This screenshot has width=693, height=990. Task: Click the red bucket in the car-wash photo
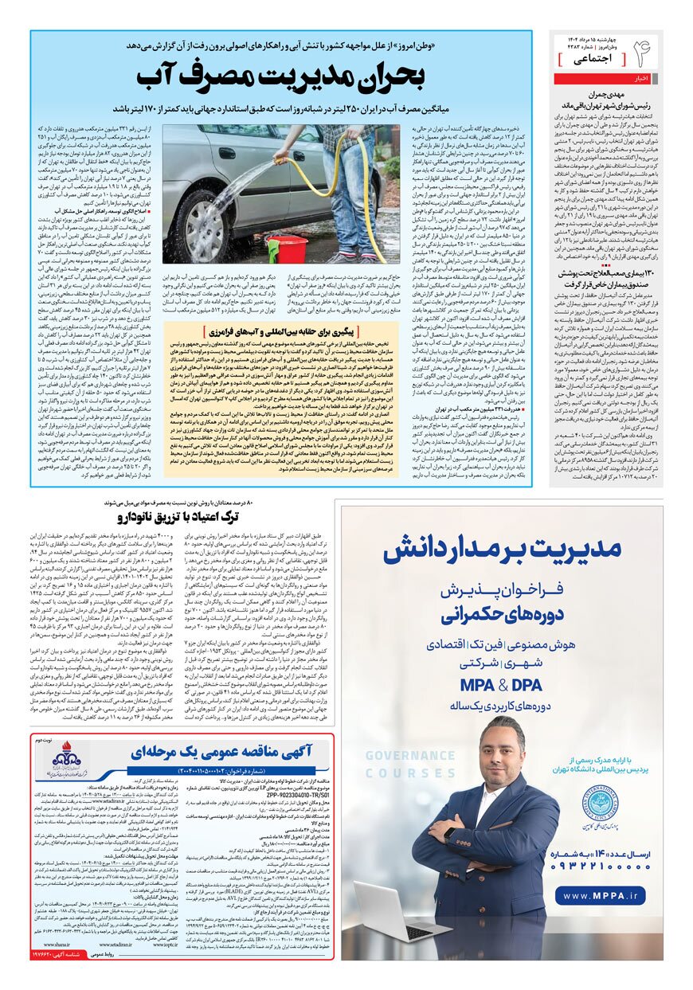click(x=289, y=249)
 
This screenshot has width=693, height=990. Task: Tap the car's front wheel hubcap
click(x=202, y=230)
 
